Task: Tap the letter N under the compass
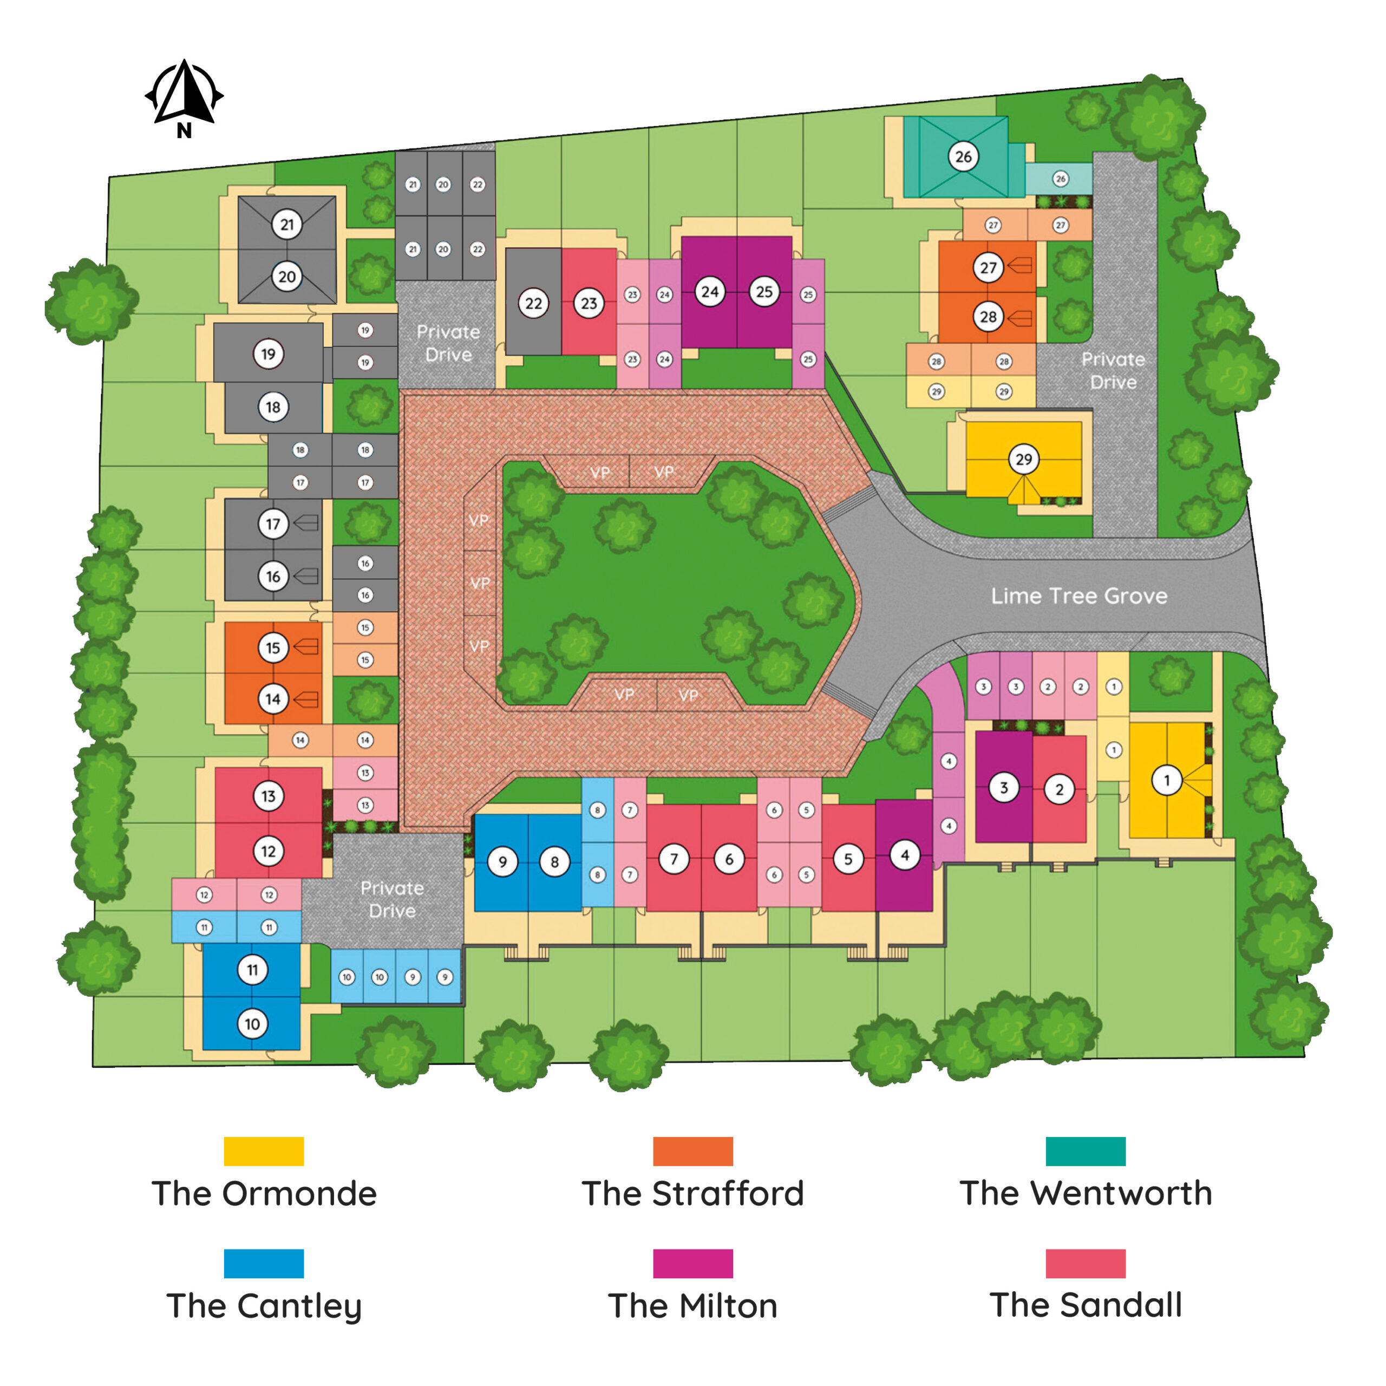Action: pyautogui.click(x=185, y=130)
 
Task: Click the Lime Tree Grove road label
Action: pyautogui.click(x=1079, y=596)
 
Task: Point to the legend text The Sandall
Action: pyautogui.click(x=1086, y=1304)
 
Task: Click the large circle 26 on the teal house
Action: pyautogui.click(x=963, y=156)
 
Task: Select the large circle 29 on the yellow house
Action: pyautogui.click(x=1024, y=459)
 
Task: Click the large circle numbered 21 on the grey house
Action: pyautogui.click(x=287, y=225)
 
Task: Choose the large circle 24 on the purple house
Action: pyautogui.click(x=709, y=292)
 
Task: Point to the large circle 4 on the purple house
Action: pyautogui.click(x=905, y=855)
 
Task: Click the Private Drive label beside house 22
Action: pyautogui.click(x=448, y=343)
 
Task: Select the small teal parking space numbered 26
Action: pyautogui.click(x=1060, y=179)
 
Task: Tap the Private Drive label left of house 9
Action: pyautogui.click(x=391, y=899)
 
